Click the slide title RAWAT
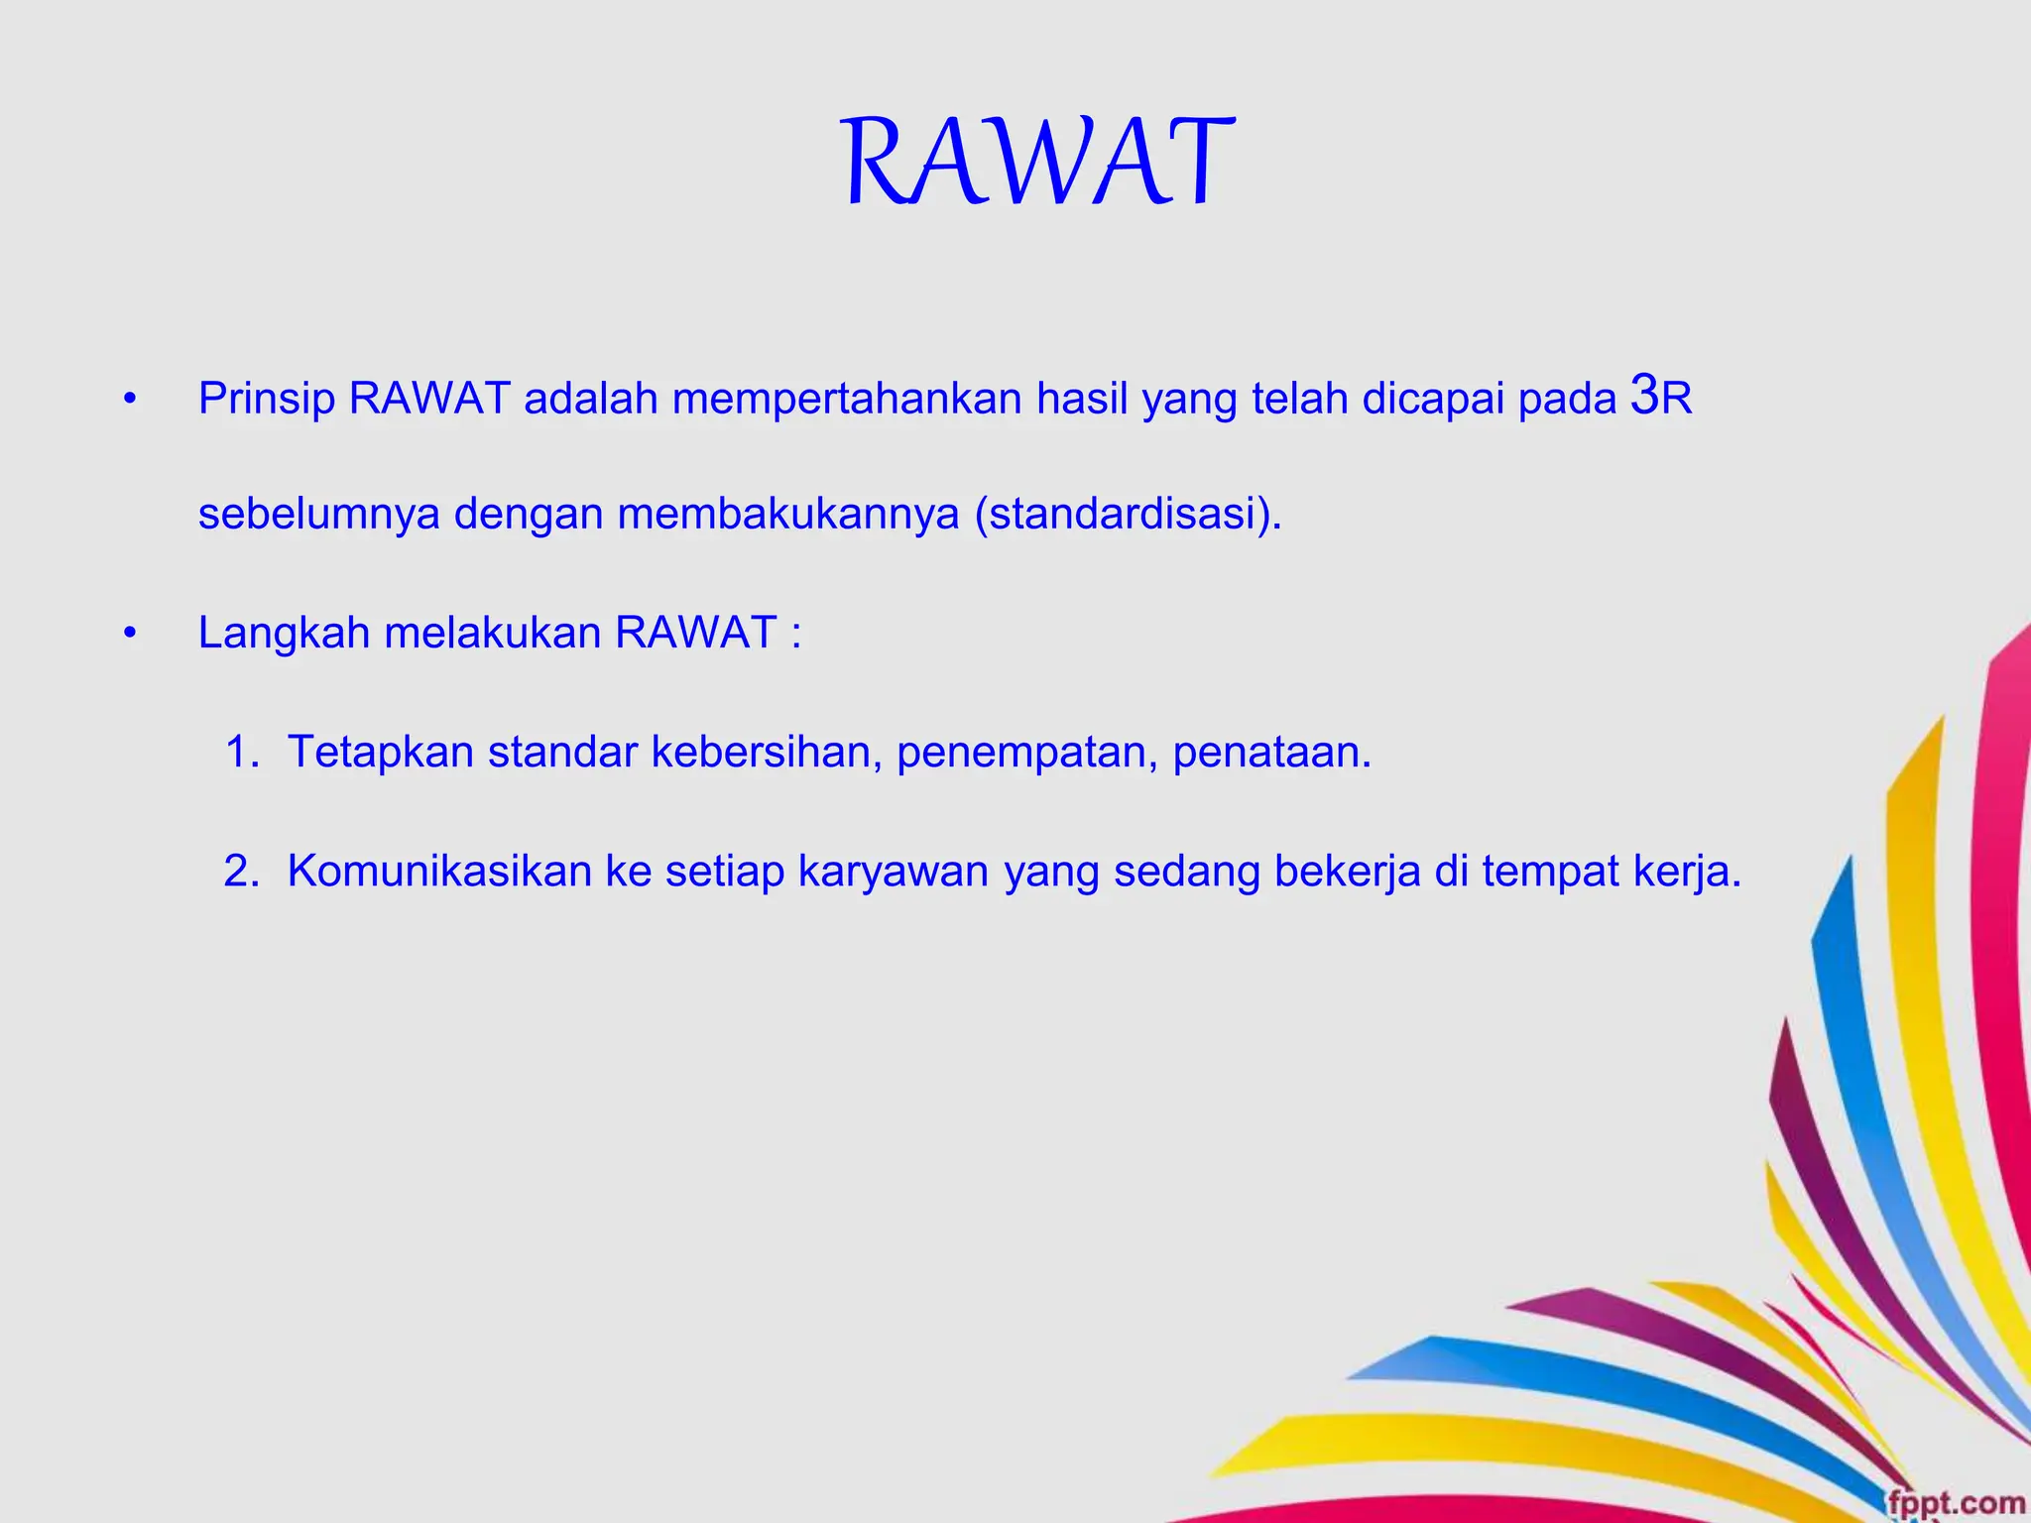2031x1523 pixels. [x=1037, y=163]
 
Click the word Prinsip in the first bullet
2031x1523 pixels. [x=266, y=400]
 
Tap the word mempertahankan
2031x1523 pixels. [x=847, y=400]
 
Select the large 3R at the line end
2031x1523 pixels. [x=1661, y=397]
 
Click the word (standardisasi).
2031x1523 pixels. [x=1129, y=515]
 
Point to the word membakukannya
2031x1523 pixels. [x=788, y=515]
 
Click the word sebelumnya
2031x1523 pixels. [x=318, y=515]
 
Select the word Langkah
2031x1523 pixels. [x=284, y=634]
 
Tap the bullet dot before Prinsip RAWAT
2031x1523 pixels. [x=128, y=401]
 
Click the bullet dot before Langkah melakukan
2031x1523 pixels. [x=128, y=634]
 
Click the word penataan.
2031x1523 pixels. [x=1272, y=753]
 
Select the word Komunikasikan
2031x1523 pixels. [x=439, y=872]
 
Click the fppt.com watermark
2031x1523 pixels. [x=1955, y=1502]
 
